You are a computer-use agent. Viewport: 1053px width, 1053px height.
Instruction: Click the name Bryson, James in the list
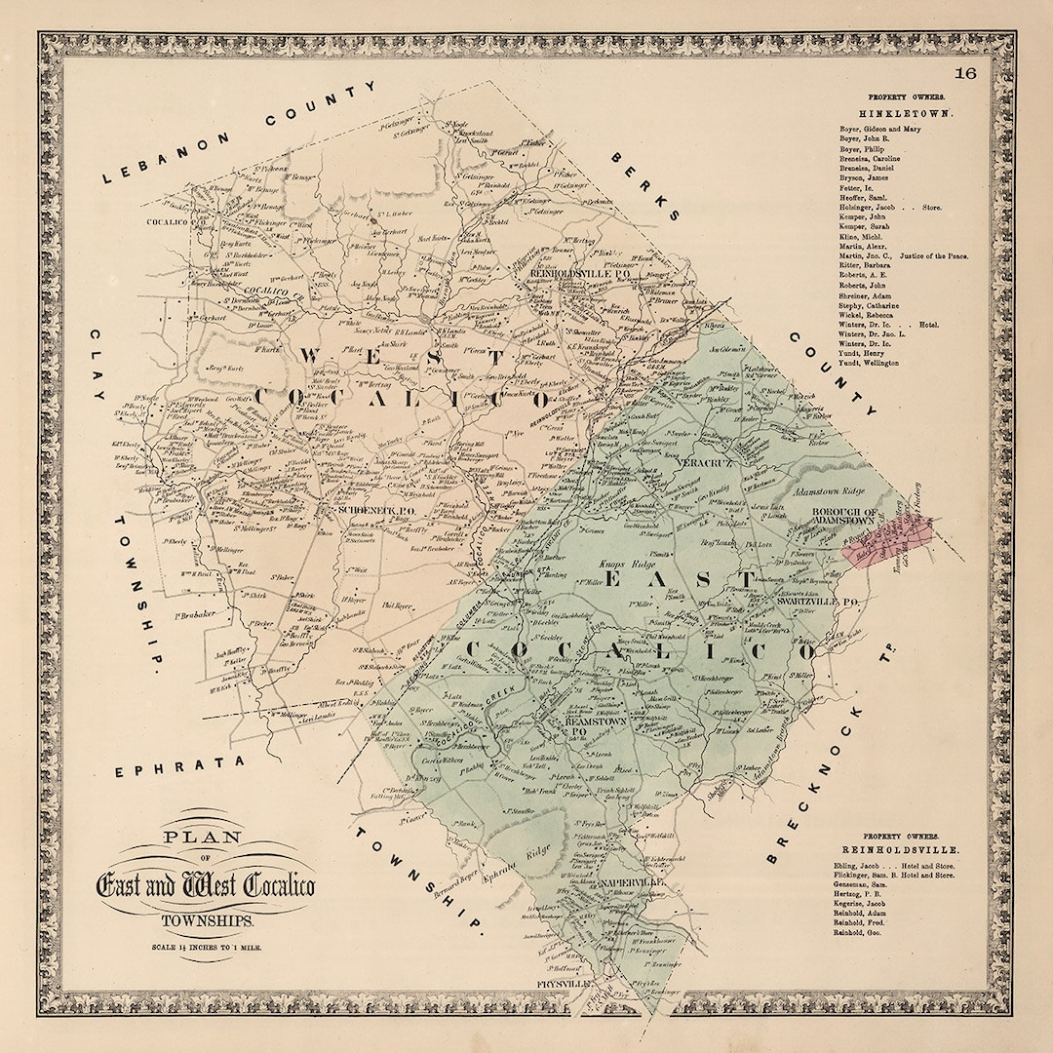click(865, 177)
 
